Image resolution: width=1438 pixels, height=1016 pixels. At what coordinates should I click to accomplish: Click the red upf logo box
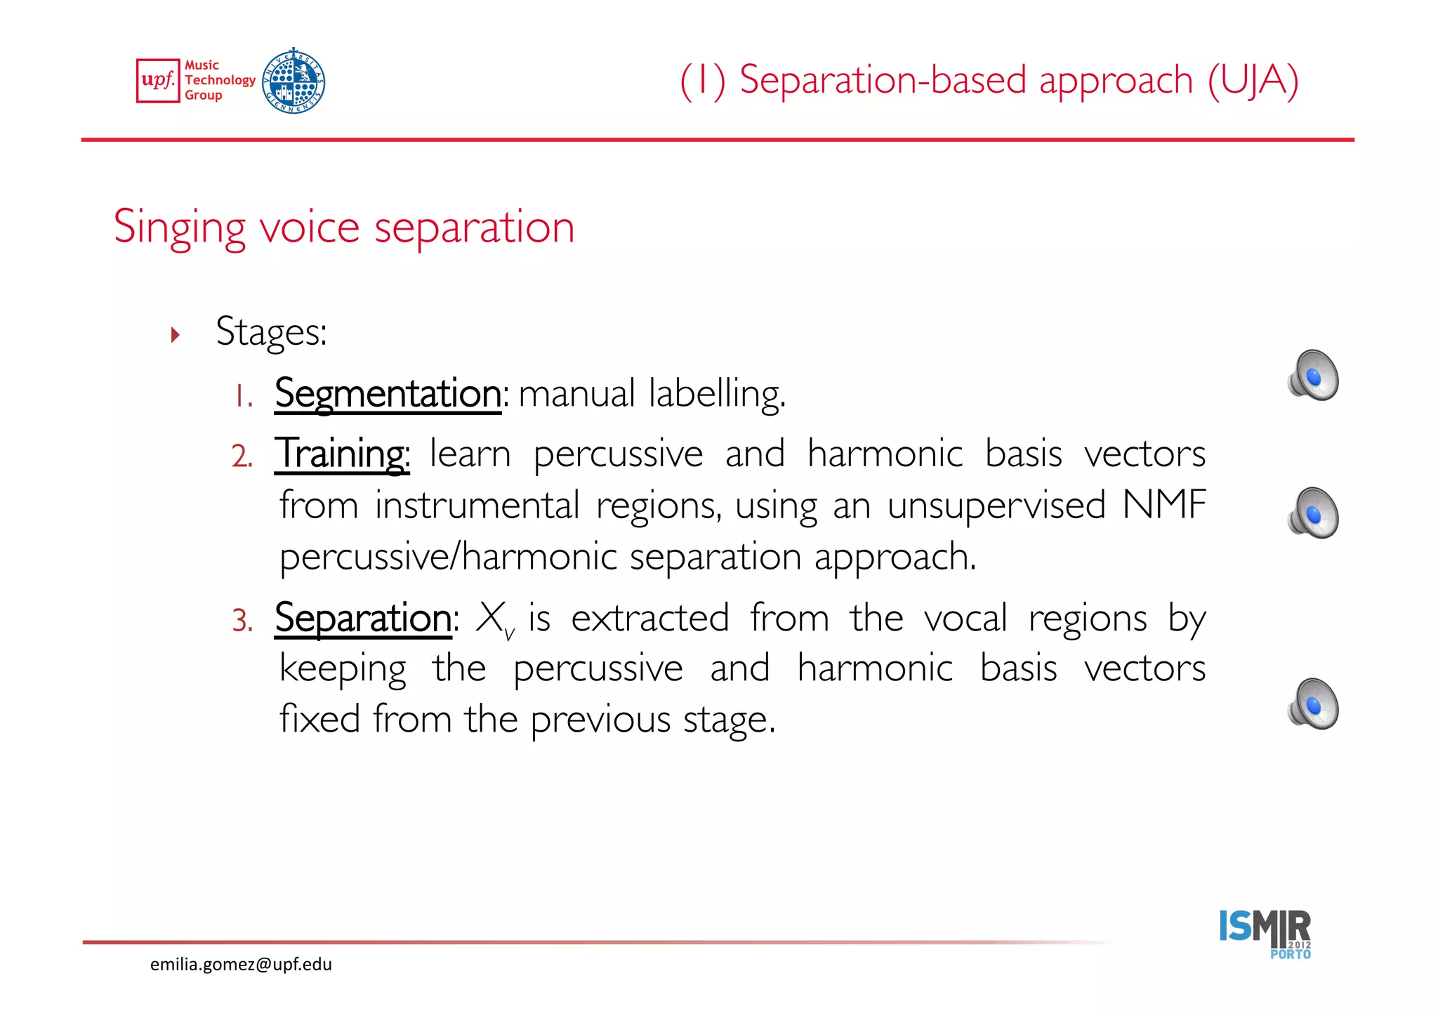[158, 81]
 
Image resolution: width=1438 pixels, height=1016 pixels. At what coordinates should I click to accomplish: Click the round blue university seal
[293, 81]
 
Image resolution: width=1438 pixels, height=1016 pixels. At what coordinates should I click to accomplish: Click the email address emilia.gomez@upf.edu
[241, 964]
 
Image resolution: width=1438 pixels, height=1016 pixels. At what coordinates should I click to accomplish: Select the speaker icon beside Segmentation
[1313, 376]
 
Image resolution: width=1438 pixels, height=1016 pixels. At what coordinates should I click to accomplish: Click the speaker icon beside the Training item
[1313, 513]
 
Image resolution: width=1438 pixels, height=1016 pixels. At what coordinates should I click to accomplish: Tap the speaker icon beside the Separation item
[1313, 704]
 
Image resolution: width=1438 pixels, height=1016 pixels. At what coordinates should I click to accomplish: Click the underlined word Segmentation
[388, 394]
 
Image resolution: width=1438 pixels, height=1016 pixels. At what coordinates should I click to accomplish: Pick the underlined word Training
[341, 454]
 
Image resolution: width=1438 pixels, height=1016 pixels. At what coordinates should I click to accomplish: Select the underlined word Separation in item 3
[363, 619]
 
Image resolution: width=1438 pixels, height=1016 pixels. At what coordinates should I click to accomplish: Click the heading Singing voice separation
[344, 227]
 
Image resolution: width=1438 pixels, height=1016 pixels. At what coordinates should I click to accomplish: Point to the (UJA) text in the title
[1253, 80]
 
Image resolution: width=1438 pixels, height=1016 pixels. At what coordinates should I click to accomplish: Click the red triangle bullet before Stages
[176, 334]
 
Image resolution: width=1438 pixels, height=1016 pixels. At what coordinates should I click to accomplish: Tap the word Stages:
[271, 332]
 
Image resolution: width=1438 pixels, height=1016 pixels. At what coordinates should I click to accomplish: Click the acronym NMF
[1163, 505]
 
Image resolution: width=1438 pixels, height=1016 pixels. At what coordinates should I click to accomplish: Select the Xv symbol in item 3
[494, 620]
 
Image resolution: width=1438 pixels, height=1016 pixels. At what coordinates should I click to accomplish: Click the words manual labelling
[652, 394]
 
